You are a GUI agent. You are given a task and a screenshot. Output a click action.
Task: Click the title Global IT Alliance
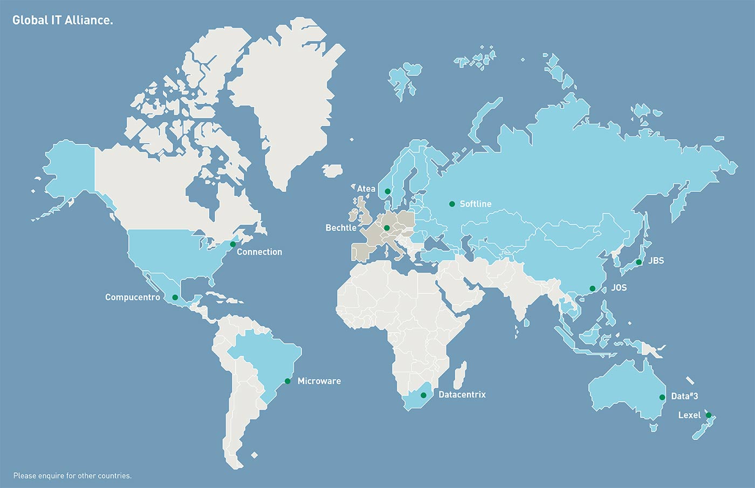(63, 20)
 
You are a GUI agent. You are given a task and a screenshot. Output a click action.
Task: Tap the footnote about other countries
(72, 476)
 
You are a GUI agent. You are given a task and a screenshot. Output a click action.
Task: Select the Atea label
(366, 189)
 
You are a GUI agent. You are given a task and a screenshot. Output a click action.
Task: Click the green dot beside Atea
(387, 191)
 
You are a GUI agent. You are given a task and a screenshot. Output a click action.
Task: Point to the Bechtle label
(341, 228)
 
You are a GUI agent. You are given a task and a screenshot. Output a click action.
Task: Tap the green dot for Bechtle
(387, 228)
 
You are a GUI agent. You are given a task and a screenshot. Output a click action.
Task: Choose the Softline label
(475, 204)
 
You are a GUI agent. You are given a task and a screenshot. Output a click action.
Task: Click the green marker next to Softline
(452, 204)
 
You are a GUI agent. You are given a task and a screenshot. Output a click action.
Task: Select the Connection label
(259, 252)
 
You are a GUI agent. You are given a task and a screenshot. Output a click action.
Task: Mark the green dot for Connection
(232, 244)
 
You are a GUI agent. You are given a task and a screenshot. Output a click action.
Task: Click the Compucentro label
(133, 297)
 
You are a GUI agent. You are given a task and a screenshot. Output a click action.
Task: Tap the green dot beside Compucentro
(175, 298)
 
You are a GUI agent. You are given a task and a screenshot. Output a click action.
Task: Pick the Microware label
(319, 381)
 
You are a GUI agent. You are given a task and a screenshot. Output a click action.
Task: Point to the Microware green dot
(287, 381)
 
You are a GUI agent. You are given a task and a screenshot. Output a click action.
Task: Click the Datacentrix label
(462, 395)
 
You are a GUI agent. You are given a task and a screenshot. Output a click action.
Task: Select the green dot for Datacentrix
(423, 395)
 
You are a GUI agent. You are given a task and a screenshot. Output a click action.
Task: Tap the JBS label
(656, 260)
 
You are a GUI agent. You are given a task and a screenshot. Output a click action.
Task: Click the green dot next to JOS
(592, 288)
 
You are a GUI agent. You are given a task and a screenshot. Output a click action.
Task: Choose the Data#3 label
(684, 396)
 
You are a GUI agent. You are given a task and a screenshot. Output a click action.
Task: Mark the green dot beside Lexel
(709, 415)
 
